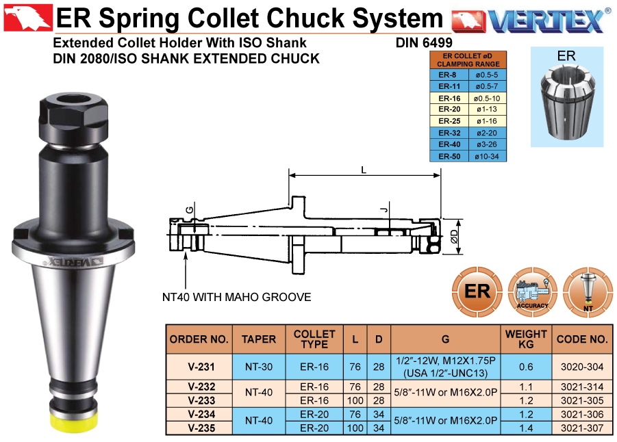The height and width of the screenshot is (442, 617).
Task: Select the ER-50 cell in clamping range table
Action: coord(449,156)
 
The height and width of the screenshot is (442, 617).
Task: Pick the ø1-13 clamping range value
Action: coord(487,109)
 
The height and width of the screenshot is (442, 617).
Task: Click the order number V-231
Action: coord(201,367)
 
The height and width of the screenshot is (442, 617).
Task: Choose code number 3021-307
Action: coord(582,428)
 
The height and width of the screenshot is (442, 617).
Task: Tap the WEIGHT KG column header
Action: coord(526,339)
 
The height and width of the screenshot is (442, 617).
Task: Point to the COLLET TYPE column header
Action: coord(314,339)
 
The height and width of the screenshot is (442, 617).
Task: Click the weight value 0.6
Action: coord(526,367)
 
